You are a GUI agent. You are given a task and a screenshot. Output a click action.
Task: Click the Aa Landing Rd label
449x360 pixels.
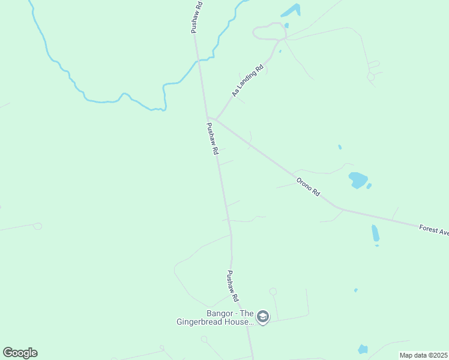coord(248,82)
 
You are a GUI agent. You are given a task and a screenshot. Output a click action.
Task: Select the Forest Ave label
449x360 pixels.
coord(433,229)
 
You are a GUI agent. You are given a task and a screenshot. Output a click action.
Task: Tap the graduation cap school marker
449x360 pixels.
coord(262,316)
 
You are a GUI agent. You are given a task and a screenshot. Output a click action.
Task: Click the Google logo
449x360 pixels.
coord(20,353)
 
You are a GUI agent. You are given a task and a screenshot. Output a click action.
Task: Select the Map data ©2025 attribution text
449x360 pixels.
coord(424,355)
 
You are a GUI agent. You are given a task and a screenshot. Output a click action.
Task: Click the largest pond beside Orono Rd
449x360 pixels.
coord(358,180)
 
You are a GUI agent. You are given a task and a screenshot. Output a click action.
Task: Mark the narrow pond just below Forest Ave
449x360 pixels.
coord(375,233)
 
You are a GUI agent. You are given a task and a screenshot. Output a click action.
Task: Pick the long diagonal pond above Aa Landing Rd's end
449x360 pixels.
coord(291,10)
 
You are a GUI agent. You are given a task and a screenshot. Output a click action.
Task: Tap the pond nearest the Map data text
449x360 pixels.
coord(363,349)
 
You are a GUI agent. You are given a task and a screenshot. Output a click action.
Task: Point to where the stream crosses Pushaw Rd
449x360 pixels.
coord(199,59)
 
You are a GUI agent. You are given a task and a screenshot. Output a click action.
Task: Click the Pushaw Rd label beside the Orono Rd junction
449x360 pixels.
coord(212,139)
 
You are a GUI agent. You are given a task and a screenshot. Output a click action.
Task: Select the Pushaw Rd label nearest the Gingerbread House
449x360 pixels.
coord(233,286)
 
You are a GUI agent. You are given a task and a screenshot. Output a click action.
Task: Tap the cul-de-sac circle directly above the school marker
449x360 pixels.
coord(273,292)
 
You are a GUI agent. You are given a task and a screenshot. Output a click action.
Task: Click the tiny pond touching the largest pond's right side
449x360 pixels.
coord(369,186)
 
